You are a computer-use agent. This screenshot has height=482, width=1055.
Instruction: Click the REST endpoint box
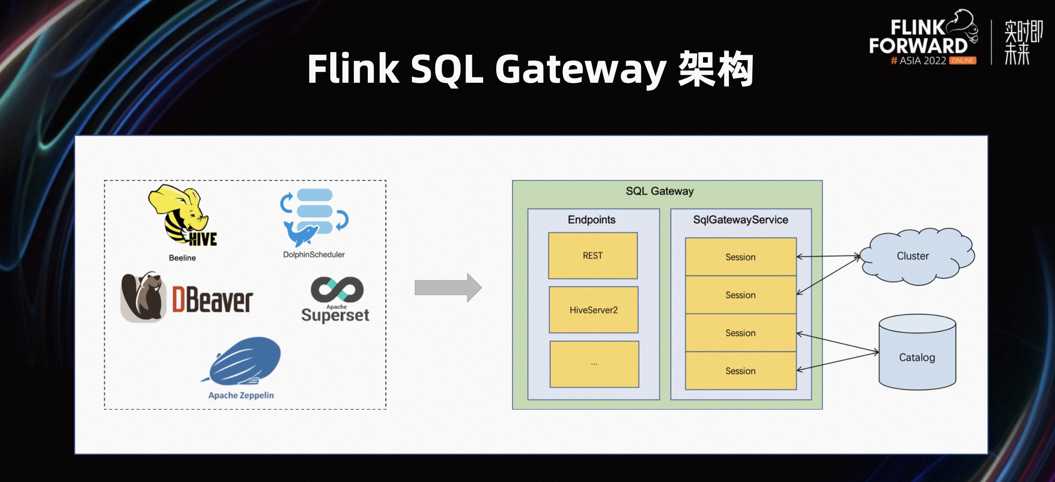[593, 255]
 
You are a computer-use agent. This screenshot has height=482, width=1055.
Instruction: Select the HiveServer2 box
[594, 310]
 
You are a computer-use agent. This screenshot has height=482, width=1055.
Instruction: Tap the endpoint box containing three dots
[594, 364]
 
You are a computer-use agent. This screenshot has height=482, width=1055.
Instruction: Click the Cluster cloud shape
[916, 256]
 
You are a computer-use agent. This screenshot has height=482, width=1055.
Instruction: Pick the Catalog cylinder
[917, 353]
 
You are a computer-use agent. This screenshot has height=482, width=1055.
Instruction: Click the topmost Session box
[741, 257]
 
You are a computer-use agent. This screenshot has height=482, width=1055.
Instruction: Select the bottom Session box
[741, 371]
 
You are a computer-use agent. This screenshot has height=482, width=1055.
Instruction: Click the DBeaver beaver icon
[143, 297]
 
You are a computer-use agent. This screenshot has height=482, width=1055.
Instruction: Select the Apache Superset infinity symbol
[337, 289]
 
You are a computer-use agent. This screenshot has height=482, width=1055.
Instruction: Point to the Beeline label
[182, 258]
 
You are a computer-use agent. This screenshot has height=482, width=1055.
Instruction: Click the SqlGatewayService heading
[741, 220]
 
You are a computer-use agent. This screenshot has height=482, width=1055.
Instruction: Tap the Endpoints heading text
[591, 220]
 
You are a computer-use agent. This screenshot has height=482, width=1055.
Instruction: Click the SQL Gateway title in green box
[660, 191]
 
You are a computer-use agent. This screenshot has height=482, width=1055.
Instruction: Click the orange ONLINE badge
[962, 61]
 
